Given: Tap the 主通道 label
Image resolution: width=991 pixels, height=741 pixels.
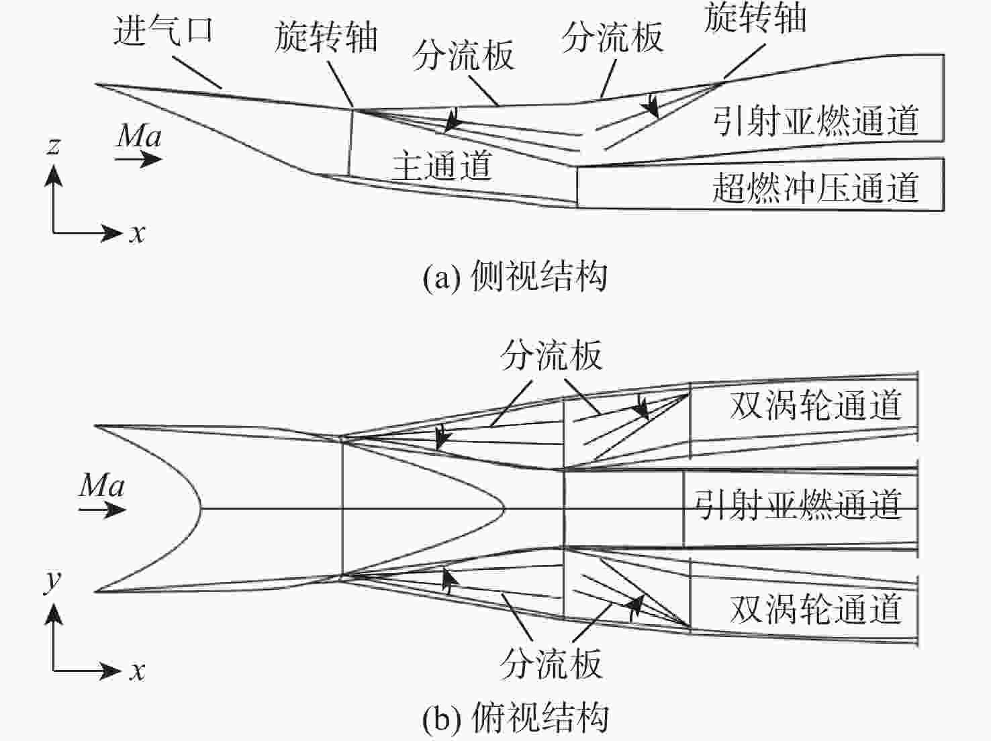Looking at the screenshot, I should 442,165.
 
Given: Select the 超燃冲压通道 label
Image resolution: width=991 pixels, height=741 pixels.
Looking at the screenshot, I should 815,187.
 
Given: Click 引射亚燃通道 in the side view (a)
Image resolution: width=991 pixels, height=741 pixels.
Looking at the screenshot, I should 815,121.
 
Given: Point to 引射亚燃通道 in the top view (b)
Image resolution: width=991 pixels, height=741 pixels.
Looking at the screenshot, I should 797,504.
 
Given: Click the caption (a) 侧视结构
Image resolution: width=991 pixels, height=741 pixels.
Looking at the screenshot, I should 515,276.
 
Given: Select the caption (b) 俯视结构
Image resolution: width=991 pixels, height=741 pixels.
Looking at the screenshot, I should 515,718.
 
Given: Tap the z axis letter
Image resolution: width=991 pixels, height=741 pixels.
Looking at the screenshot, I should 54,145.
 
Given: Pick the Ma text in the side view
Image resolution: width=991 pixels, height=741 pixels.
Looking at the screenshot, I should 139,136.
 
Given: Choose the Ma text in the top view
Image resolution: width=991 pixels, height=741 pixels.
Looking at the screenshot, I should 101,485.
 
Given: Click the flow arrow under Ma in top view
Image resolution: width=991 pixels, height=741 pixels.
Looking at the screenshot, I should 103,510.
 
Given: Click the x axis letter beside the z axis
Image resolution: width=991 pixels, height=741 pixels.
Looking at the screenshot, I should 137,234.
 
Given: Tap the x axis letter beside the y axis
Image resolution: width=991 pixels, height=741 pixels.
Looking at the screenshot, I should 137,671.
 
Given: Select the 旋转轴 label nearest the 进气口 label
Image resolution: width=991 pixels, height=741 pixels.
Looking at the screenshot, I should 326,38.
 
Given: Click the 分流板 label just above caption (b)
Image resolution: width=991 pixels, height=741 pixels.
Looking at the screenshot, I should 551,664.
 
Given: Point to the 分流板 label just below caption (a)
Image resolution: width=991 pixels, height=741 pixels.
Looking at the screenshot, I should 551,355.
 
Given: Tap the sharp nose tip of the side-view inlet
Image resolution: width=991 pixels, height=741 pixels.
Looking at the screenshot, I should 97,85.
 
